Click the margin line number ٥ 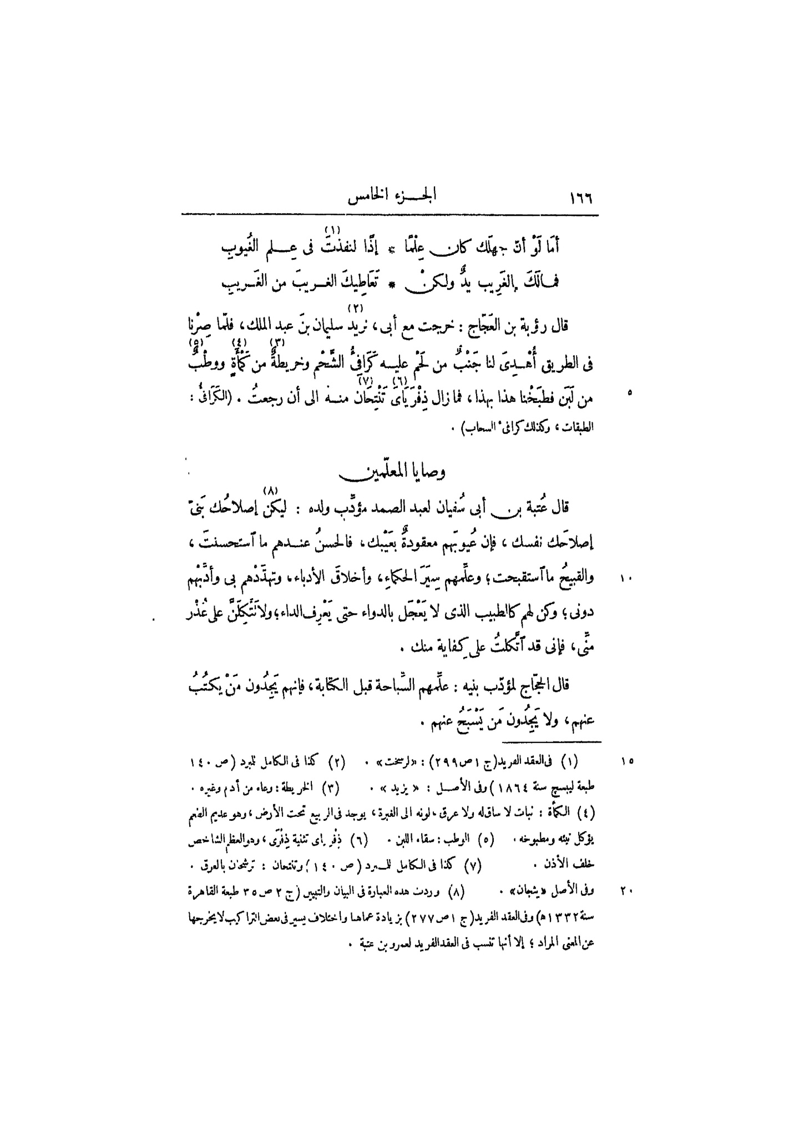[x=629, y=394]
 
